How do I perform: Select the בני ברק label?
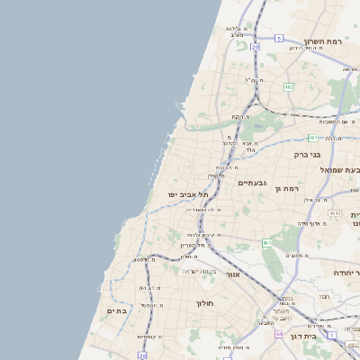(308, 154)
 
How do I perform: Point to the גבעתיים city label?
(251, 182)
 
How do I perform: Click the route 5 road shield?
(280, 38)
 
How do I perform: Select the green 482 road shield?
(289, 86)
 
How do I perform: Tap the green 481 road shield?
(312, 138)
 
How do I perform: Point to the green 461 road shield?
(267, 243)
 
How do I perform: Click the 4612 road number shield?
(335, 212)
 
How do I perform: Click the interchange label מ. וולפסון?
(142, 260)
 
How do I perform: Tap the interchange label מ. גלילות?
(237, 30)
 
